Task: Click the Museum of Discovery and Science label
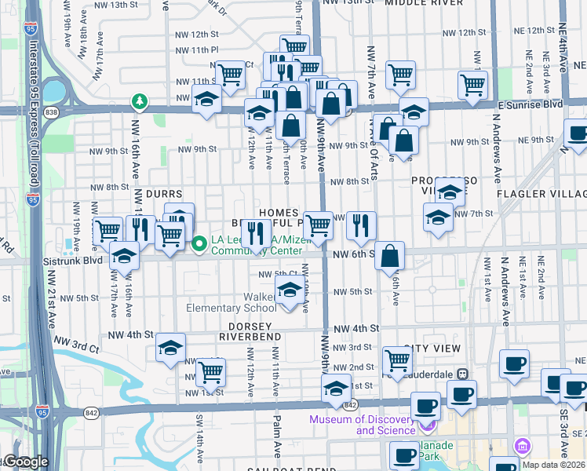coord(362,425)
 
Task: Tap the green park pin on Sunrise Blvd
coord(140,101)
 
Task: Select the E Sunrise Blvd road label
coord(530,104)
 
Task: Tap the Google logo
coord(25,462)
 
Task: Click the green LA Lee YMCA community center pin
coord(199,245)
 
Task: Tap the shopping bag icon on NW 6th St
coord(389,256)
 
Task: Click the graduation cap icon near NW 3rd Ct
coord(170,347)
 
